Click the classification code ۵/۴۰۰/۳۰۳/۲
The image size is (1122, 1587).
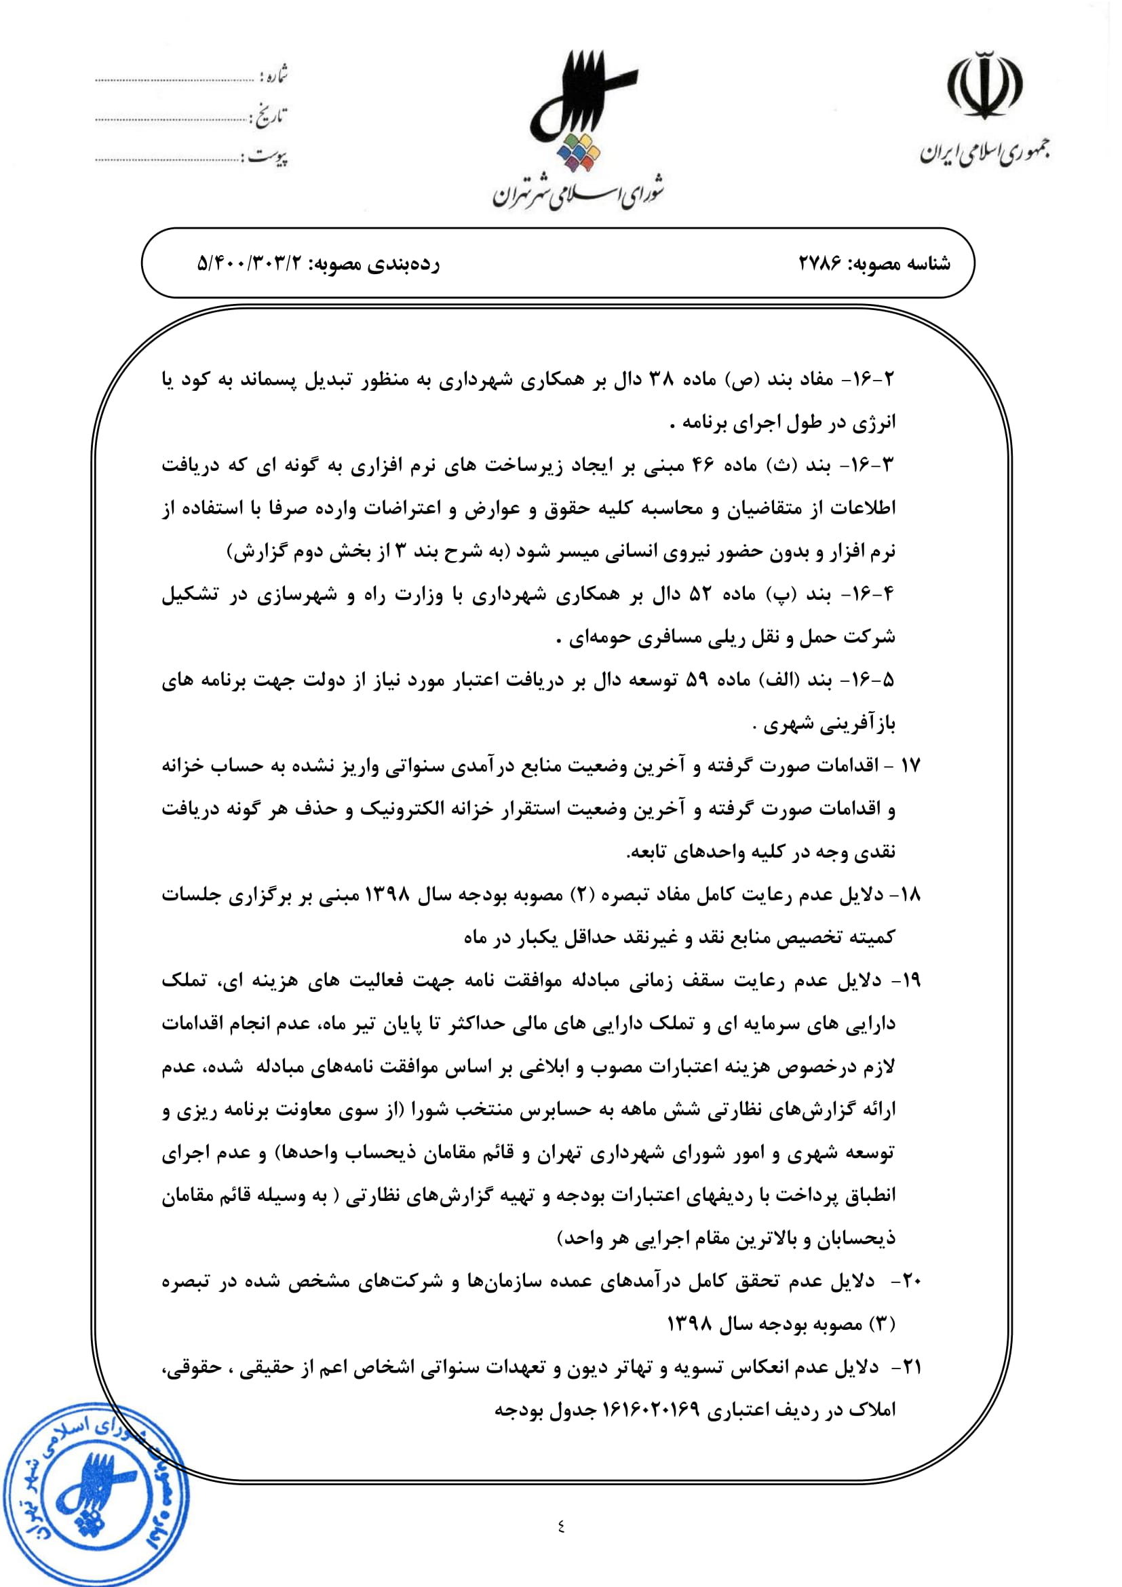coord(250,263)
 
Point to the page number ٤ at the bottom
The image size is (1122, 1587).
coord(560,1525)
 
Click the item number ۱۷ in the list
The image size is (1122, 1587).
coord(910,765)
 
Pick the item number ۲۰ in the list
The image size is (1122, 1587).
coord(911,1281)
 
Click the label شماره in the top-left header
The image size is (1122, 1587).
coord(273,75)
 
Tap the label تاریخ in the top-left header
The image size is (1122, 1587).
coord(270,116)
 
